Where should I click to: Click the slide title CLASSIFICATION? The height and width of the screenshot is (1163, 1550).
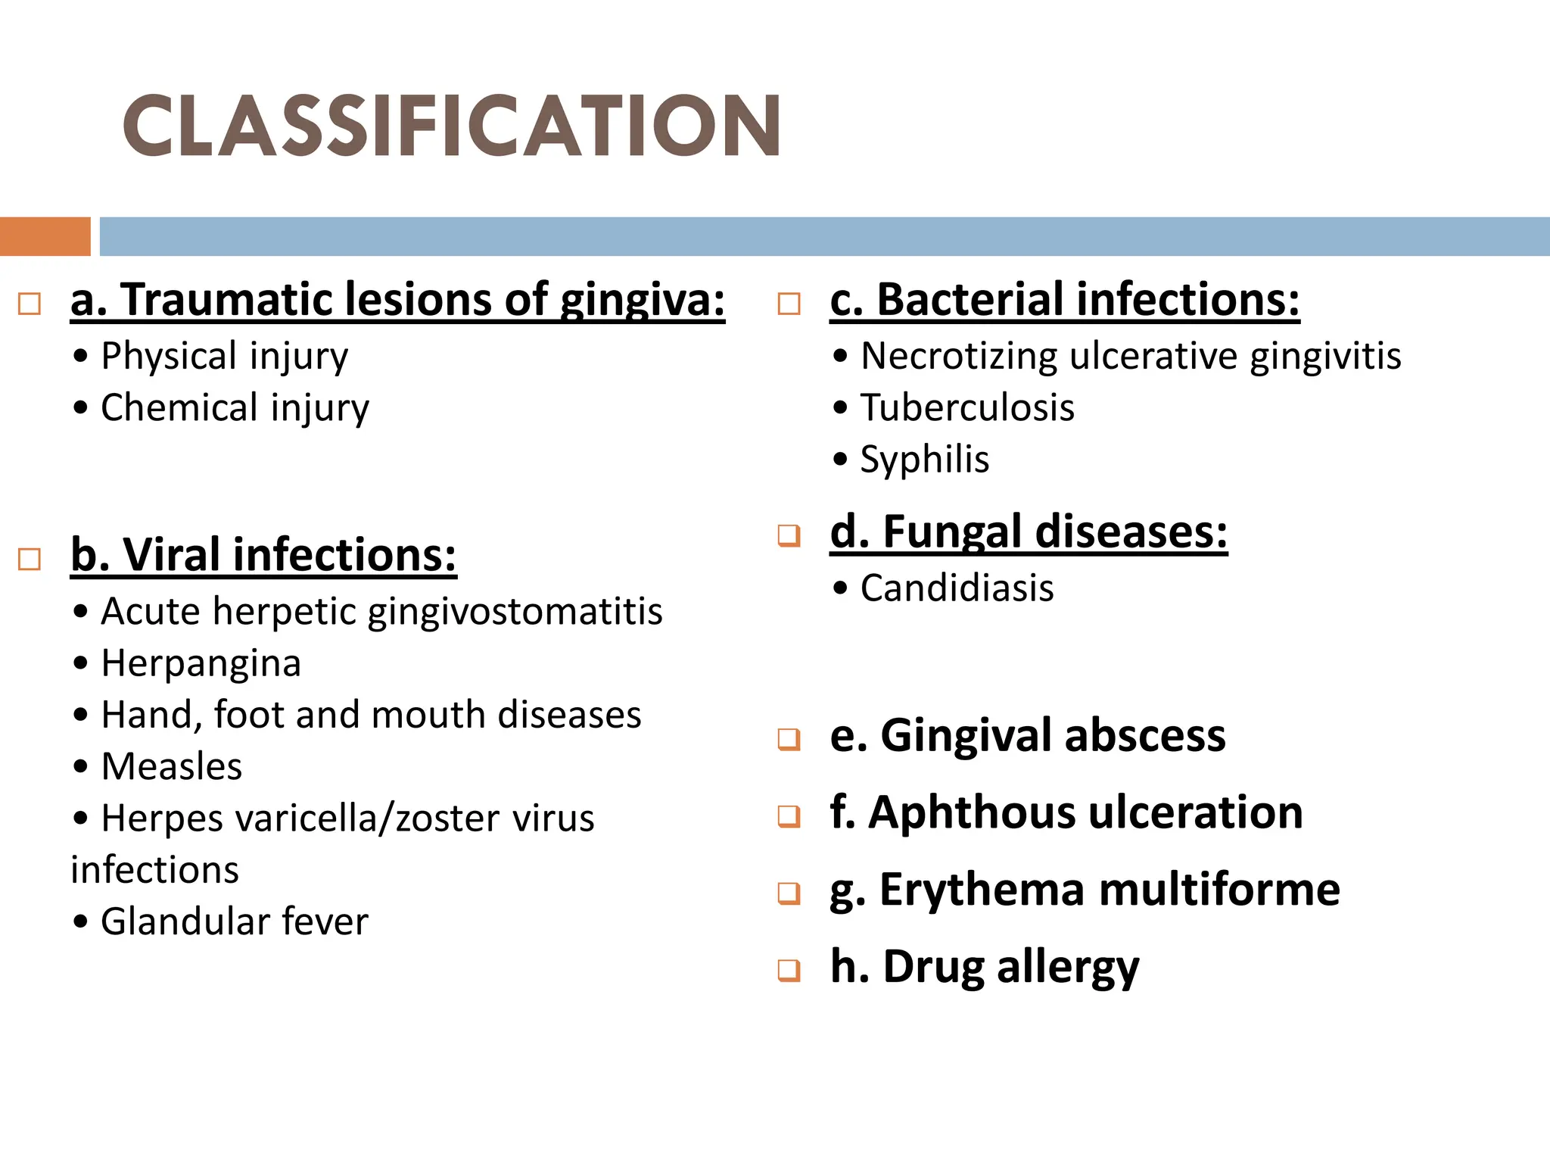(452, 126)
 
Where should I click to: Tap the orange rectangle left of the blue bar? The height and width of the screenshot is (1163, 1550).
(45, 236)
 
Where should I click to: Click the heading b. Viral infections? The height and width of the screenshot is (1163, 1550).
(263, 554)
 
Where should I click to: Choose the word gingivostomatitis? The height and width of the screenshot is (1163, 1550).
(515, 611)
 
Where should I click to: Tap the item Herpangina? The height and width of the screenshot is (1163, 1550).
(201, 663)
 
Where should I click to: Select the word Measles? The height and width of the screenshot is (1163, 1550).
(172, 766)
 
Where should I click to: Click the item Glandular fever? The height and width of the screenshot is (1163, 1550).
(235, 921)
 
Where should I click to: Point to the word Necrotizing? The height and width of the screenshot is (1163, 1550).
(959, 356)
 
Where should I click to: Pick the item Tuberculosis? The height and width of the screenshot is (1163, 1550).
(967, 408)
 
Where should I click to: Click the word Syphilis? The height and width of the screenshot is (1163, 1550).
(925, 460)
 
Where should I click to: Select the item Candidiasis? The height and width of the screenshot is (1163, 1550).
(957, 588)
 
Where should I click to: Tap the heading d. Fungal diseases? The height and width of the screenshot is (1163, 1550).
(1029, 532)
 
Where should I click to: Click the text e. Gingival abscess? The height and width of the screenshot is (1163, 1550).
(1028, 735)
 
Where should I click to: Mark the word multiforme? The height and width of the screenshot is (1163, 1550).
(1219, 890)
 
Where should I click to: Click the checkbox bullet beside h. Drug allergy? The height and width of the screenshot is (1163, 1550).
(789, 970)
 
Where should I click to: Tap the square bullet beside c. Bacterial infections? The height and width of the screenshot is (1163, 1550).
(789, 304)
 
